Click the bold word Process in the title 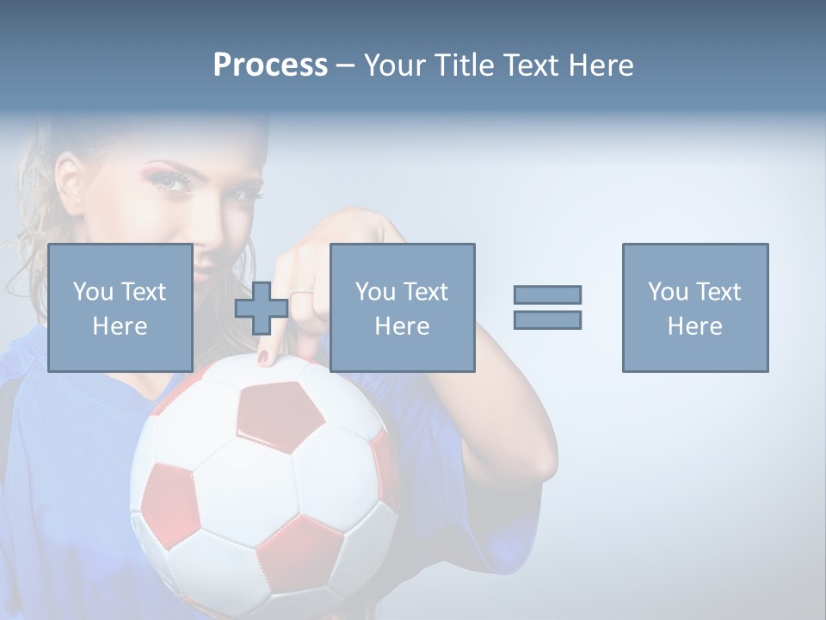[270, 65]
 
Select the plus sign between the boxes [262, 308]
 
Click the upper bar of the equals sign [547, 294]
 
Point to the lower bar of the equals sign [547, 319]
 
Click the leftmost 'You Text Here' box [120, 307]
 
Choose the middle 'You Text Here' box [402, 307]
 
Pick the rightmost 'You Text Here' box [694, 307]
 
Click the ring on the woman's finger [301, 294]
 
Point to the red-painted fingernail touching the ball [263, 356]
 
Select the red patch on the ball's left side [169, 502]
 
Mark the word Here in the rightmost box [694, 326]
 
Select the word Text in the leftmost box [145, 292]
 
